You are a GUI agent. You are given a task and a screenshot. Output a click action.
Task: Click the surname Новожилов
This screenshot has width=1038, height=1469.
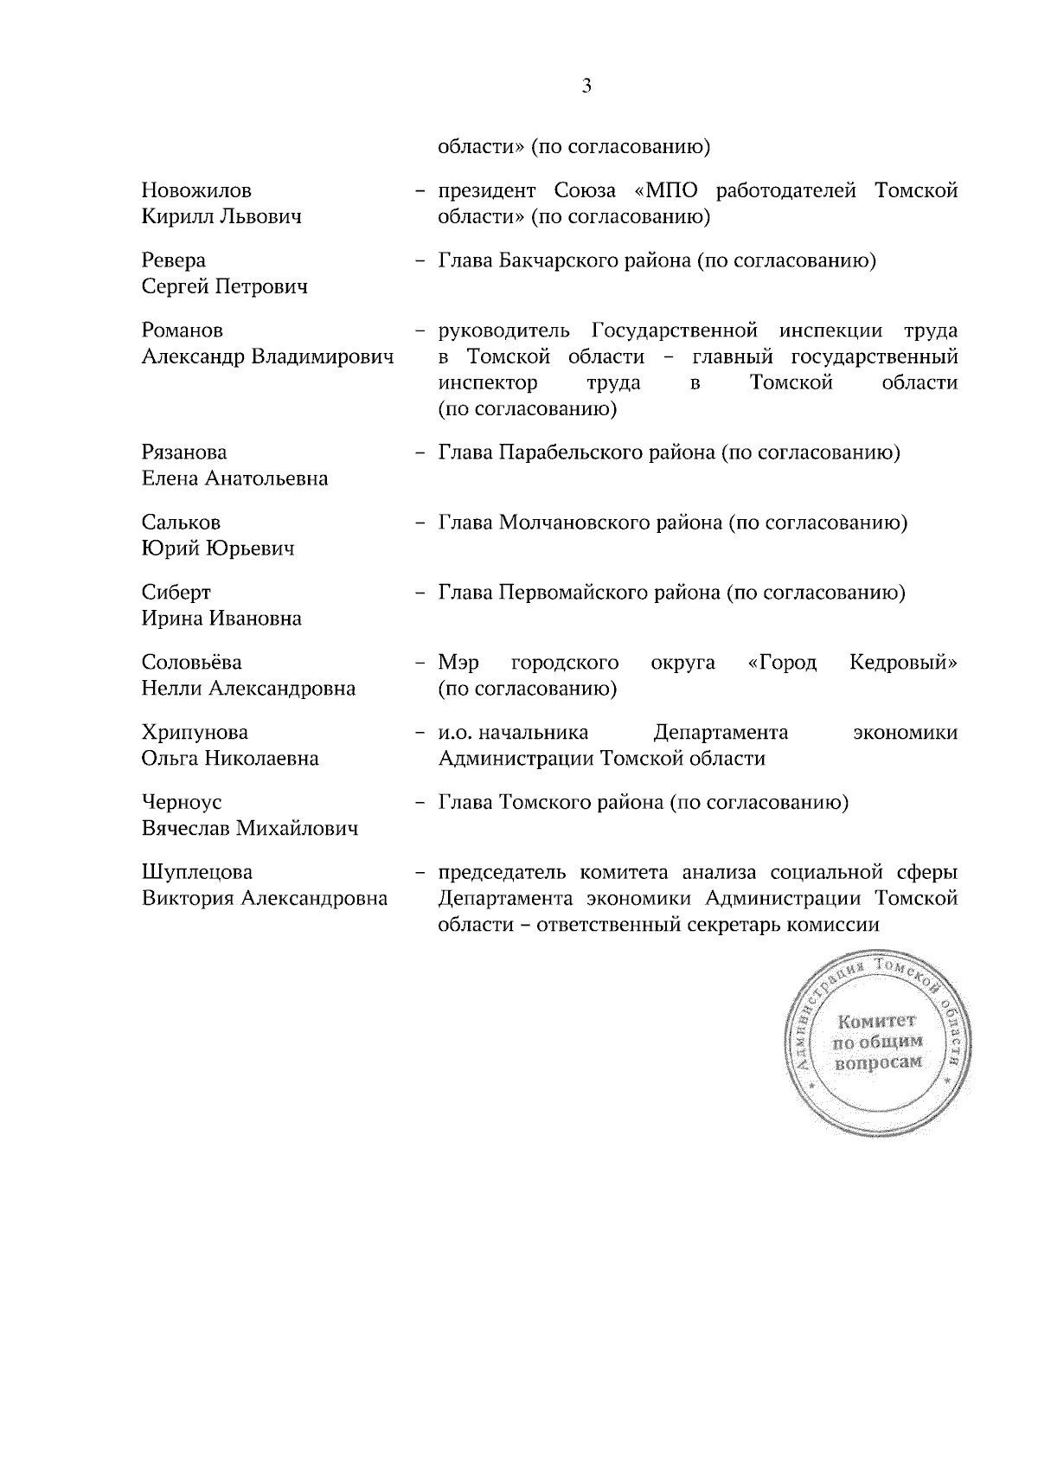click(x=196, y=190)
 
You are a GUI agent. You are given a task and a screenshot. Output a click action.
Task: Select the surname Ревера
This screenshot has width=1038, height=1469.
click(x=174, y=260)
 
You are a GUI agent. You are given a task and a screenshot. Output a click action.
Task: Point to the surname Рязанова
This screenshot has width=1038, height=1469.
click(x=184, y=452)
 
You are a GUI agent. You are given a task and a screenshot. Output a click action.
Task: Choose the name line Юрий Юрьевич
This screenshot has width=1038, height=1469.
click(x=218, y=548)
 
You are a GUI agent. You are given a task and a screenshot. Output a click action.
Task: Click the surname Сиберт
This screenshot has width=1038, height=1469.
click(x=176, y=593)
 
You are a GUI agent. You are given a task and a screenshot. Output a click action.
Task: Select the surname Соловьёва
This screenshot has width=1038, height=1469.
click(x=192, y=663)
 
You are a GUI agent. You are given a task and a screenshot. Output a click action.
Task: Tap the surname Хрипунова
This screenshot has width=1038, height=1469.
click(x=195, y=733)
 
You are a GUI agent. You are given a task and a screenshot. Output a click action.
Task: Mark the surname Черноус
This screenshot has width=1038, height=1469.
click(x=182, y=803)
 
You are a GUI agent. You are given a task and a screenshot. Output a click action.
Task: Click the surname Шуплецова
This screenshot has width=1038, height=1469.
click(x=197, y=872)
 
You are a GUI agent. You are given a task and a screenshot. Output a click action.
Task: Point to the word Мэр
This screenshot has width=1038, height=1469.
click(x=458, y=664)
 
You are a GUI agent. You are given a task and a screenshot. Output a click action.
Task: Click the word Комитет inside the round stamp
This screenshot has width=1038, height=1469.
click(x=877, y=1021)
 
